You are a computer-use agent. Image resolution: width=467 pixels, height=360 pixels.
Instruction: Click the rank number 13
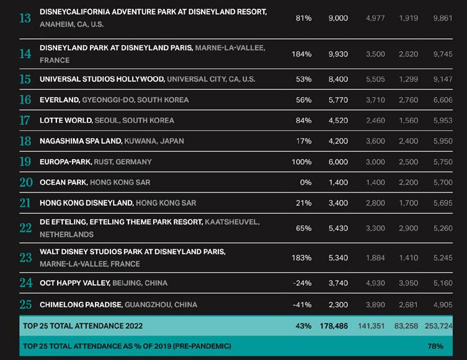[25, 18]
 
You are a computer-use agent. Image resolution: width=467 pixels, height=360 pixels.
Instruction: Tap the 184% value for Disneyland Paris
[301, 55]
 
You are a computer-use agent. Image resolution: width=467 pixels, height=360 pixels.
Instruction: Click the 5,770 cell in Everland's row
[338, 100]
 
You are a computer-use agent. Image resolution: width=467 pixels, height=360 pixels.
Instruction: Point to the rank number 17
[25, 120]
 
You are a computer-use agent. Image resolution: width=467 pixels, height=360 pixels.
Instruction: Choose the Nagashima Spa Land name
[81, 141]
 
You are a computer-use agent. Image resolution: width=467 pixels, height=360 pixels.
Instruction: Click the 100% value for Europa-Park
[301, 162]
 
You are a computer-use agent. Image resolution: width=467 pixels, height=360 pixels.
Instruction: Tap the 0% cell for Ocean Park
[305, 183]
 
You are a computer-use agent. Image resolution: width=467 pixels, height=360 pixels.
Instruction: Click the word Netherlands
[66, 235]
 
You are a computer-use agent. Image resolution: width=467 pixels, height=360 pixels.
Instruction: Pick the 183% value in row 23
[301, 258]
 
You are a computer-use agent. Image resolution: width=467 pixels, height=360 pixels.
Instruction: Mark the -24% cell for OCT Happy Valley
[302, 283]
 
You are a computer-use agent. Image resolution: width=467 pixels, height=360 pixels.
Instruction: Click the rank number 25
[25, 304]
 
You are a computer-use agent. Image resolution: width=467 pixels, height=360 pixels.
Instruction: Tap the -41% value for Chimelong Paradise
[302, 305]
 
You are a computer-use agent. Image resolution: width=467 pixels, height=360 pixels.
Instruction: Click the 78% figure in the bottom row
[435, 346]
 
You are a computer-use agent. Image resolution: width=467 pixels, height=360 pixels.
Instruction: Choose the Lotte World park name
[66, 120]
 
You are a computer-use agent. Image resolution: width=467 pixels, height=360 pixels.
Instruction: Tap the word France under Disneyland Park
[55, 61]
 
